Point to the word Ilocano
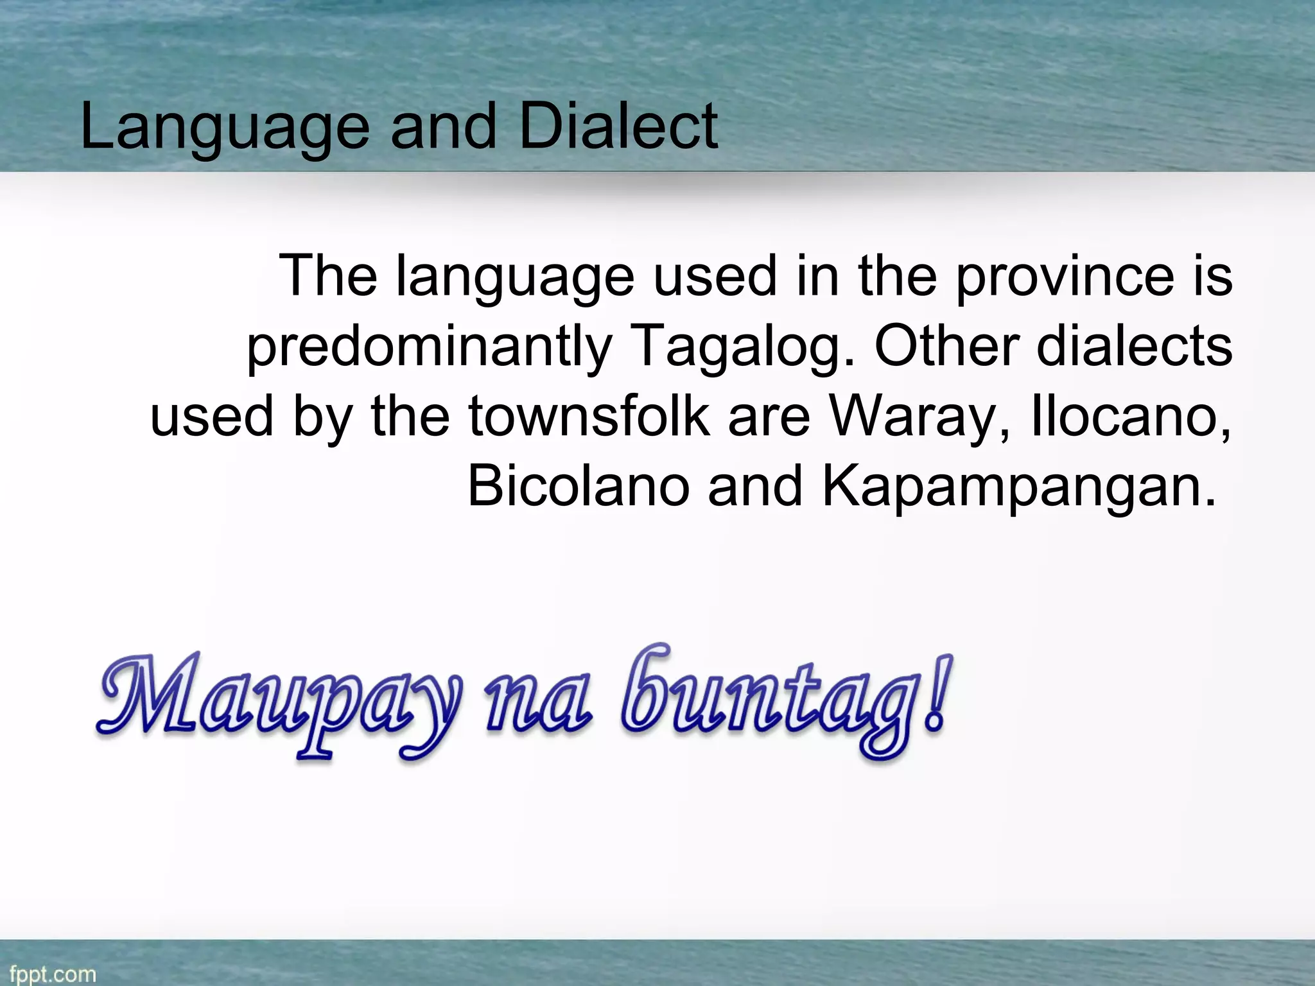1131,416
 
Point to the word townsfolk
589,416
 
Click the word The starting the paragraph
328,276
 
